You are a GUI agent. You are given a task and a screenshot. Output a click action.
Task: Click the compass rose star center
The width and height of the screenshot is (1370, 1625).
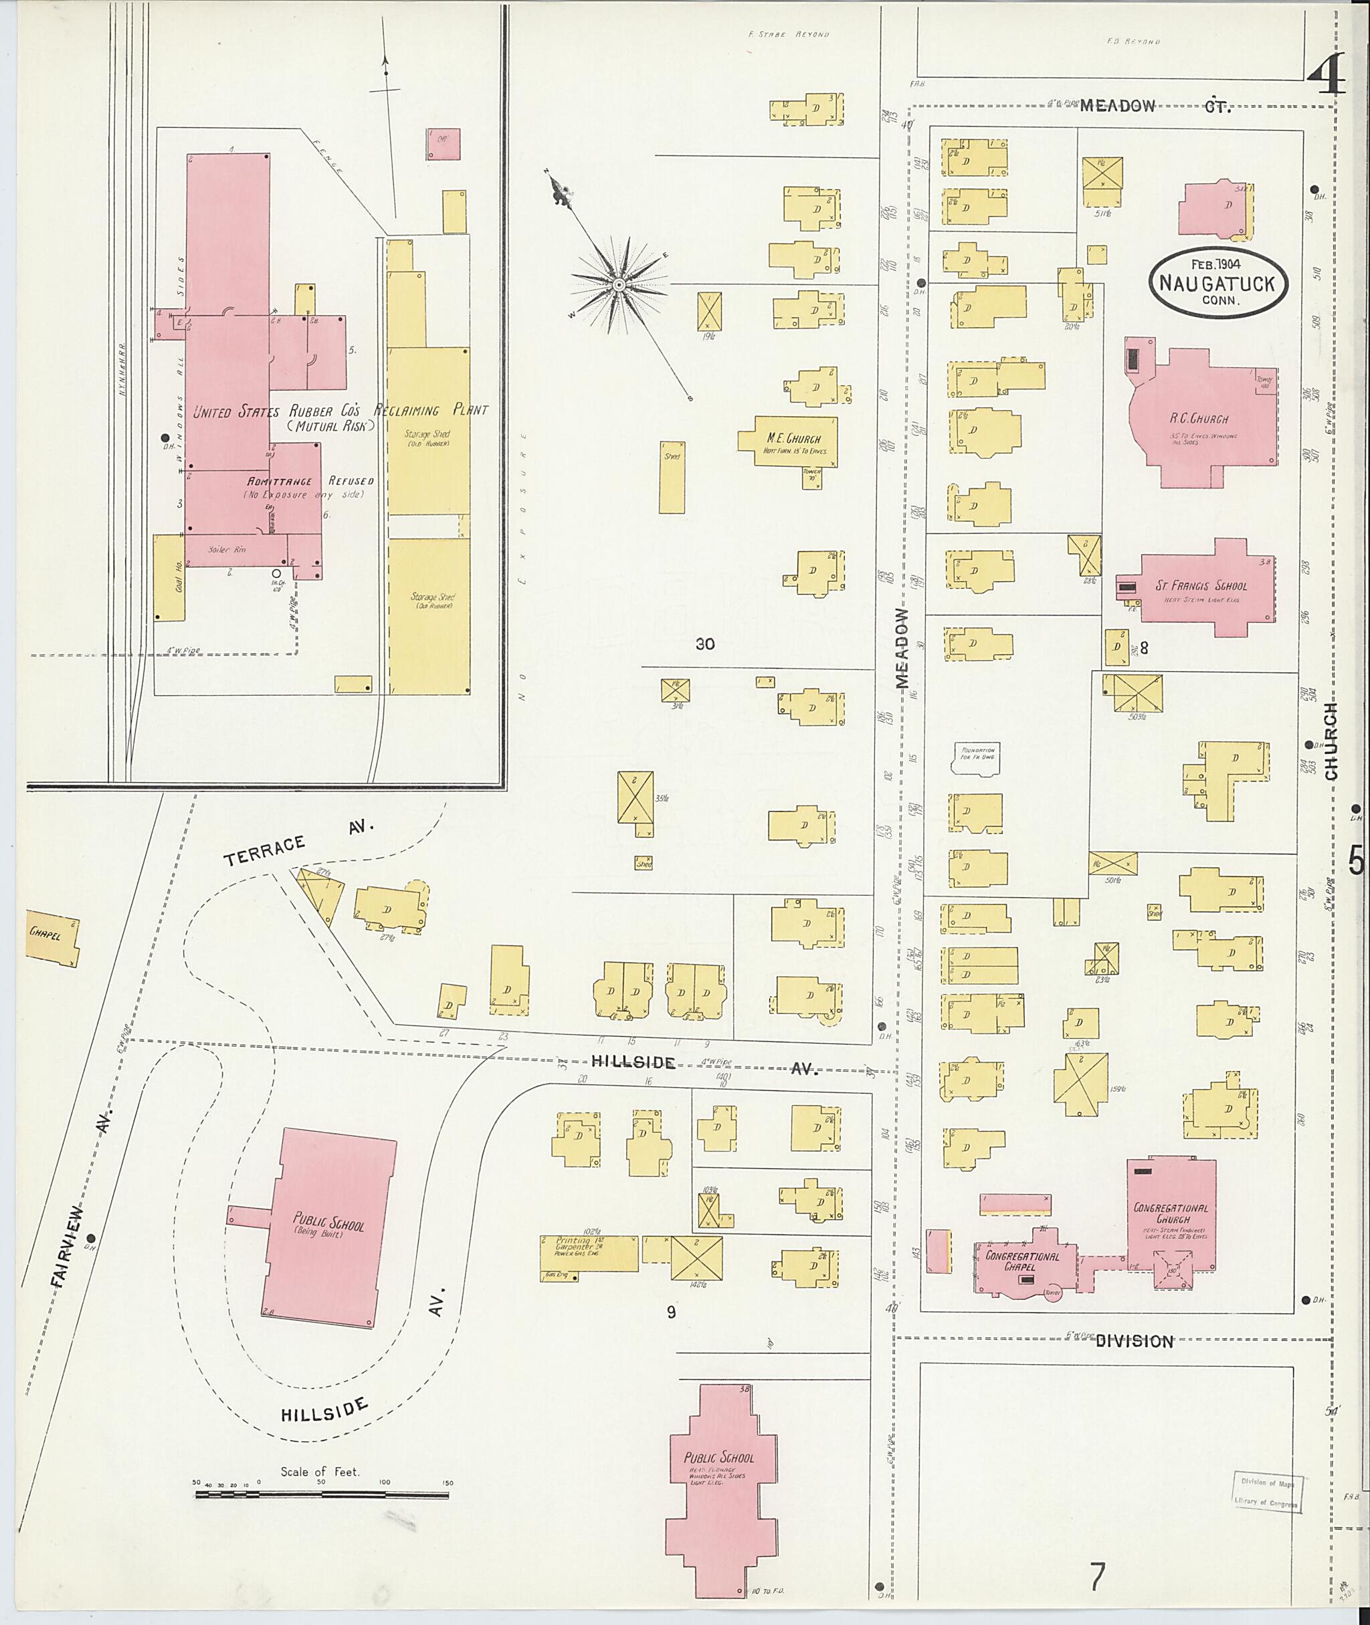(x=619, y=285)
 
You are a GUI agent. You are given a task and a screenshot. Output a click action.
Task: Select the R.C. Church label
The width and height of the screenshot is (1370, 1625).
(x=1199, y=419)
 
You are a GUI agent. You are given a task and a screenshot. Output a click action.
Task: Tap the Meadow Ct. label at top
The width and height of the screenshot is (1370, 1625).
(x=1155, y=106)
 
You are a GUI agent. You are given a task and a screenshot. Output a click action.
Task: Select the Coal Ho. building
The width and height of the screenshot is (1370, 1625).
(x=169, y=577)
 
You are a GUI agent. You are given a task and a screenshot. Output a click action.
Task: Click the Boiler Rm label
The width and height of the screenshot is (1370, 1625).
(x=226, y=549)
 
